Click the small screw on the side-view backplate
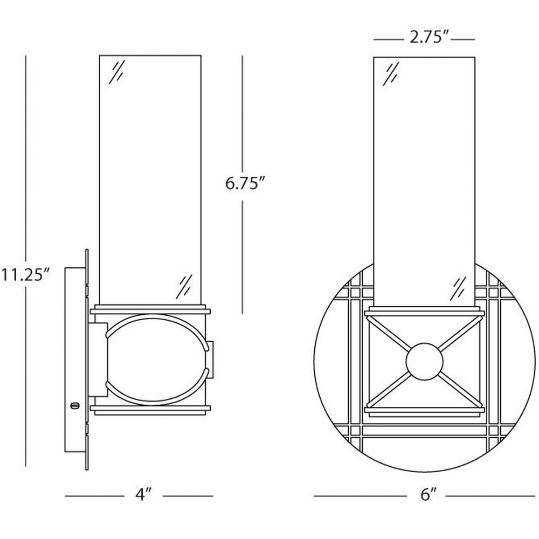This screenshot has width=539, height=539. coord(73,406)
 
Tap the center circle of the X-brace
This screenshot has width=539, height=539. coord(425,361)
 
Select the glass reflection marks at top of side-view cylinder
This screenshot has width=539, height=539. coord(117,72)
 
